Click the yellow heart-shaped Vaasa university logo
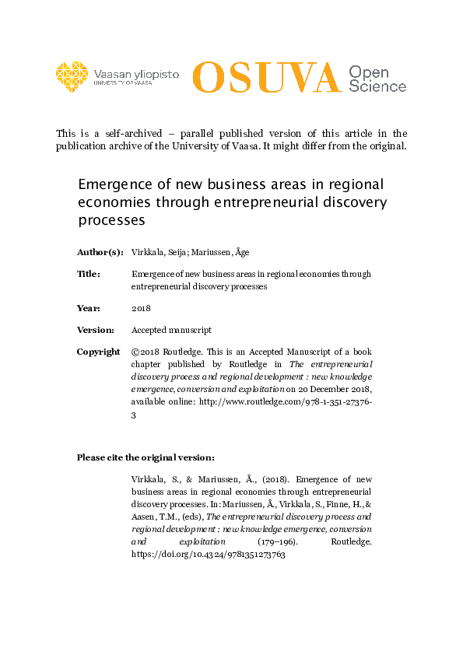[x=72, y=76]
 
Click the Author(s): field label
[x=100, y=252]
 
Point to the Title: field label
[x=88, y=274]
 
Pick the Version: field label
[x=96, y=330]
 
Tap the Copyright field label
[x=98, y=352]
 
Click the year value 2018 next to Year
[x=141, y=308]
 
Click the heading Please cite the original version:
[x=146, y=457]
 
